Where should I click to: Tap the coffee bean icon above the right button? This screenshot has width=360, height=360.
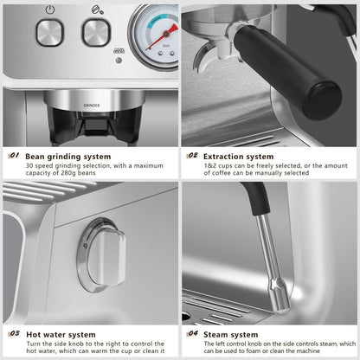93,10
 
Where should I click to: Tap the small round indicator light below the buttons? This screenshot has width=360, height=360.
119,59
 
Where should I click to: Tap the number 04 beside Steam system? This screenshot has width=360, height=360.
193,333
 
